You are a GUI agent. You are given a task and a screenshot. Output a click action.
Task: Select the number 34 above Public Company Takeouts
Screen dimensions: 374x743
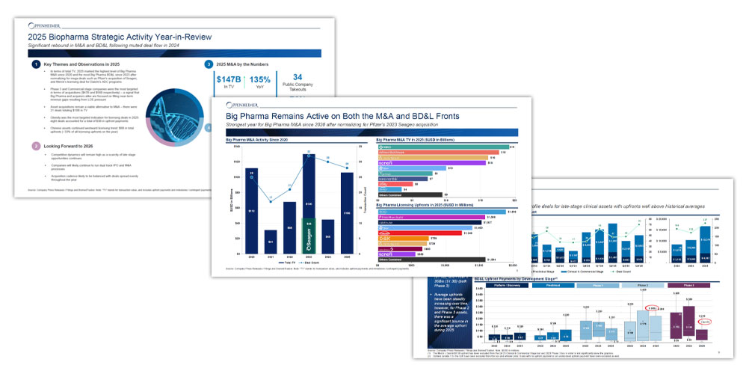(297, 77)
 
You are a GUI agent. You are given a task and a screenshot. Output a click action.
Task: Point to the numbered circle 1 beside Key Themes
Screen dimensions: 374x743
(35, 65)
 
